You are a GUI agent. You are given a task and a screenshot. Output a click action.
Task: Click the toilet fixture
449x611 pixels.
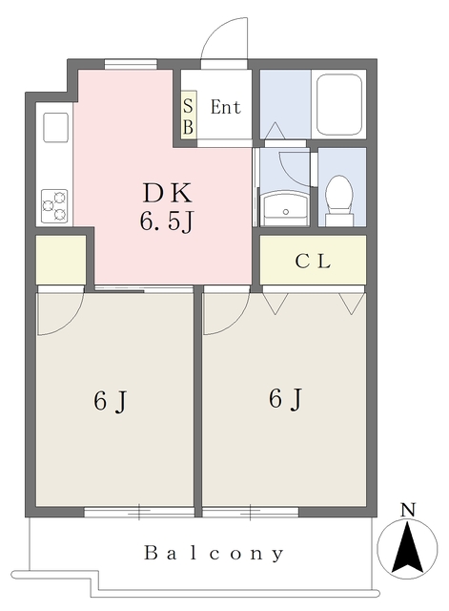(x=339, y=200)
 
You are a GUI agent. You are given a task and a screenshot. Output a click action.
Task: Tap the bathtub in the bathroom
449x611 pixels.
(x=338, y=104)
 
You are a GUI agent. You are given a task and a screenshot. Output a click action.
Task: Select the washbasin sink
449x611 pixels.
(x=285, y=208)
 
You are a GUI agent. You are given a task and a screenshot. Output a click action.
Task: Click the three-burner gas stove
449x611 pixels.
(x=54, y=206)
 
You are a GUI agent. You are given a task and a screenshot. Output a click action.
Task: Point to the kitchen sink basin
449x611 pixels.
(x=55, y=127)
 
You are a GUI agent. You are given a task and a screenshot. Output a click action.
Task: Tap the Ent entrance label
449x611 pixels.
(x=225, y=107)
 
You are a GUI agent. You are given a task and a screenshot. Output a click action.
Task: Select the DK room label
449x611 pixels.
(x=168, y=193)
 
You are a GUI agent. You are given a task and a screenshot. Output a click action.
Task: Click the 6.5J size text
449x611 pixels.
(x=167, y=222)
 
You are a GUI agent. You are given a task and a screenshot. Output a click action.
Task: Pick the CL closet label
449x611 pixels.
(x=313, y=261)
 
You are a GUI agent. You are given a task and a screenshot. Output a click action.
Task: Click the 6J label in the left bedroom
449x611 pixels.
(x=111, y=401)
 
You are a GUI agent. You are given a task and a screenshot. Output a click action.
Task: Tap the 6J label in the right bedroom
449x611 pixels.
(x=285, y=399)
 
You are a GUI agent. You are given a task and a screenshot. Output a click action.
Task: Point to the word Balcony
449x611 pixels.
(x=214, y=554)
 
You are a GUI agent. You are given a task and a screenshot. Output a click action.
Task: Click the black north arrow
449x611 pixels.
(x=407, y=548)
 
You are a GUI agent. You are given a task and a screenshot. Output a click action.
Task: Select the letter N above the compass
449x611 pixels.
(x=408, y=510)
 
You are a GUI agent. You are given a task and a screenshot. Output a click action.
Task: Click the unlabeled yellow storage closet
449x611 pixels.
(x=61, y=260)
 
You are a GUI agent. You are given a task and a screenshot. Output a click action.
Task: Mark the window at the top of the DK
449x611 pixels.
(x=131, y=64)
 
